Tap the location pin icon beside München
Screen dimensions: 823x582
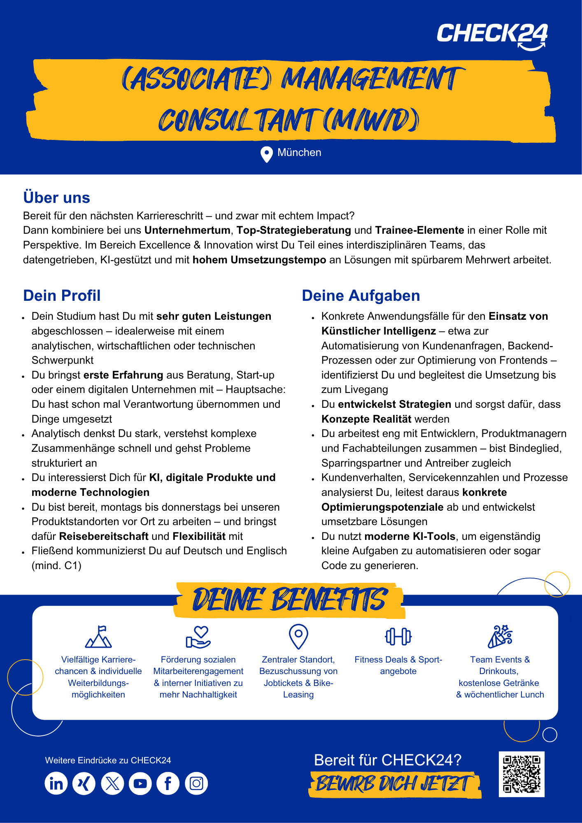click(267, 154)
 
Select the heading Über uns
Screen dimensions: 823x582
click(57, 198)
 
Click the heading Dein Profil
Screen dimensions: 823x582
click(62, 296)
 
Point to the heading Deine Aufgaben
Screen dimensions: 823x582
click(361, 296)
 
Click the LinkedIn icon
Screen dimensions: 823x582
click(56, 783)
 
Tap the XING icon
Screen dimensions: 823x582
click(84, 783)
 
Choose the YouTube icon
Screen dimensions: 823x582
click(140, 783)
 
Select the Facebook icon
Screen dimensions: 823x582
click(168, 783)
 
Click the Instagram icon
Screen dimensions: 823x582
click(196, 783)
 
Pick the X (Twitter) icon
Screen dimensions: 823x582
click(112, 783)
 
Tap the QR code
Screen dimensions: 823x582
click(521, 774)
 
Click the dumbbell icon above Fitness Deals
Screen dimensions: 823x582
click(398, 637)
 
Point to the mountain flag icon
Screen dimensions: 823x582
click(98, 637)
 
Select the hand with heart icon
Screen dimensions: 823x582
click(198, 637)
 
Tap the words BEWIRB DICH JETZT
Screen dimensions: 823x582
click(393, 784)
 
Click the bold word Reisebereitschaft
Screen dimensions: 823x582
click(104, 537)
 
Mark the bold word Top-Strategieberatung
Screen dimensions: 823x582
click(293, 230)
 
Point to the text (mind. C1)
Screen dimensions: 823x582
click(56, 566)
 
